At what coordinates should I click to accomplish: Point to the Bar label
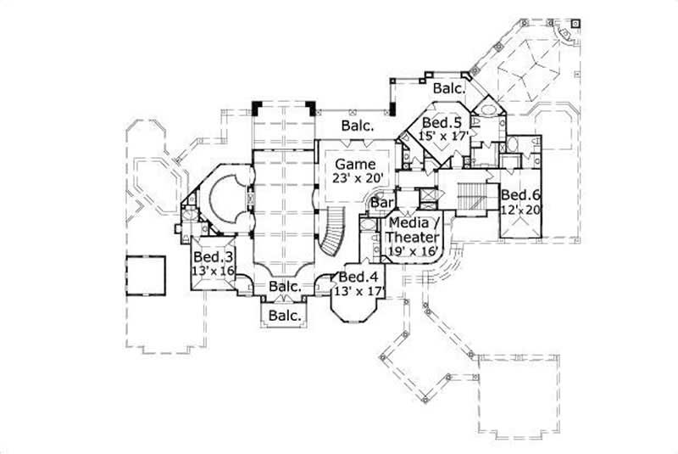tap(383, 204)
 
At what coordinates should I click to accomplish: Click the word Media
tap(408, 223)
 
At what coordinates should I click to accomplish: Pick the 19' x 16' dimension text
tap(413, 251)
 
